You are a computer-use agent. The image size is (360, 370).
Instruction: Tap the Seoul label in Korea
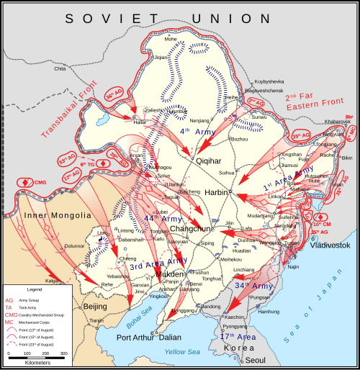256,359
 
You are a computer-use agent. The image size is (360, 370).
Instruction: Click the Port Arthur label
138,338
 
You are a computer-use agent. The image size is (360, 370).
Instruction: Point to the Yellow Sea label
183,352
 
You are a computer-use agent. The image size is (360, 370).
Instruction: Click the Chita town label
60,69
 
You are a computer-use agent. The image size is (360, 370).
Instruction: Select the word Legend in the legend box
35,288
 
